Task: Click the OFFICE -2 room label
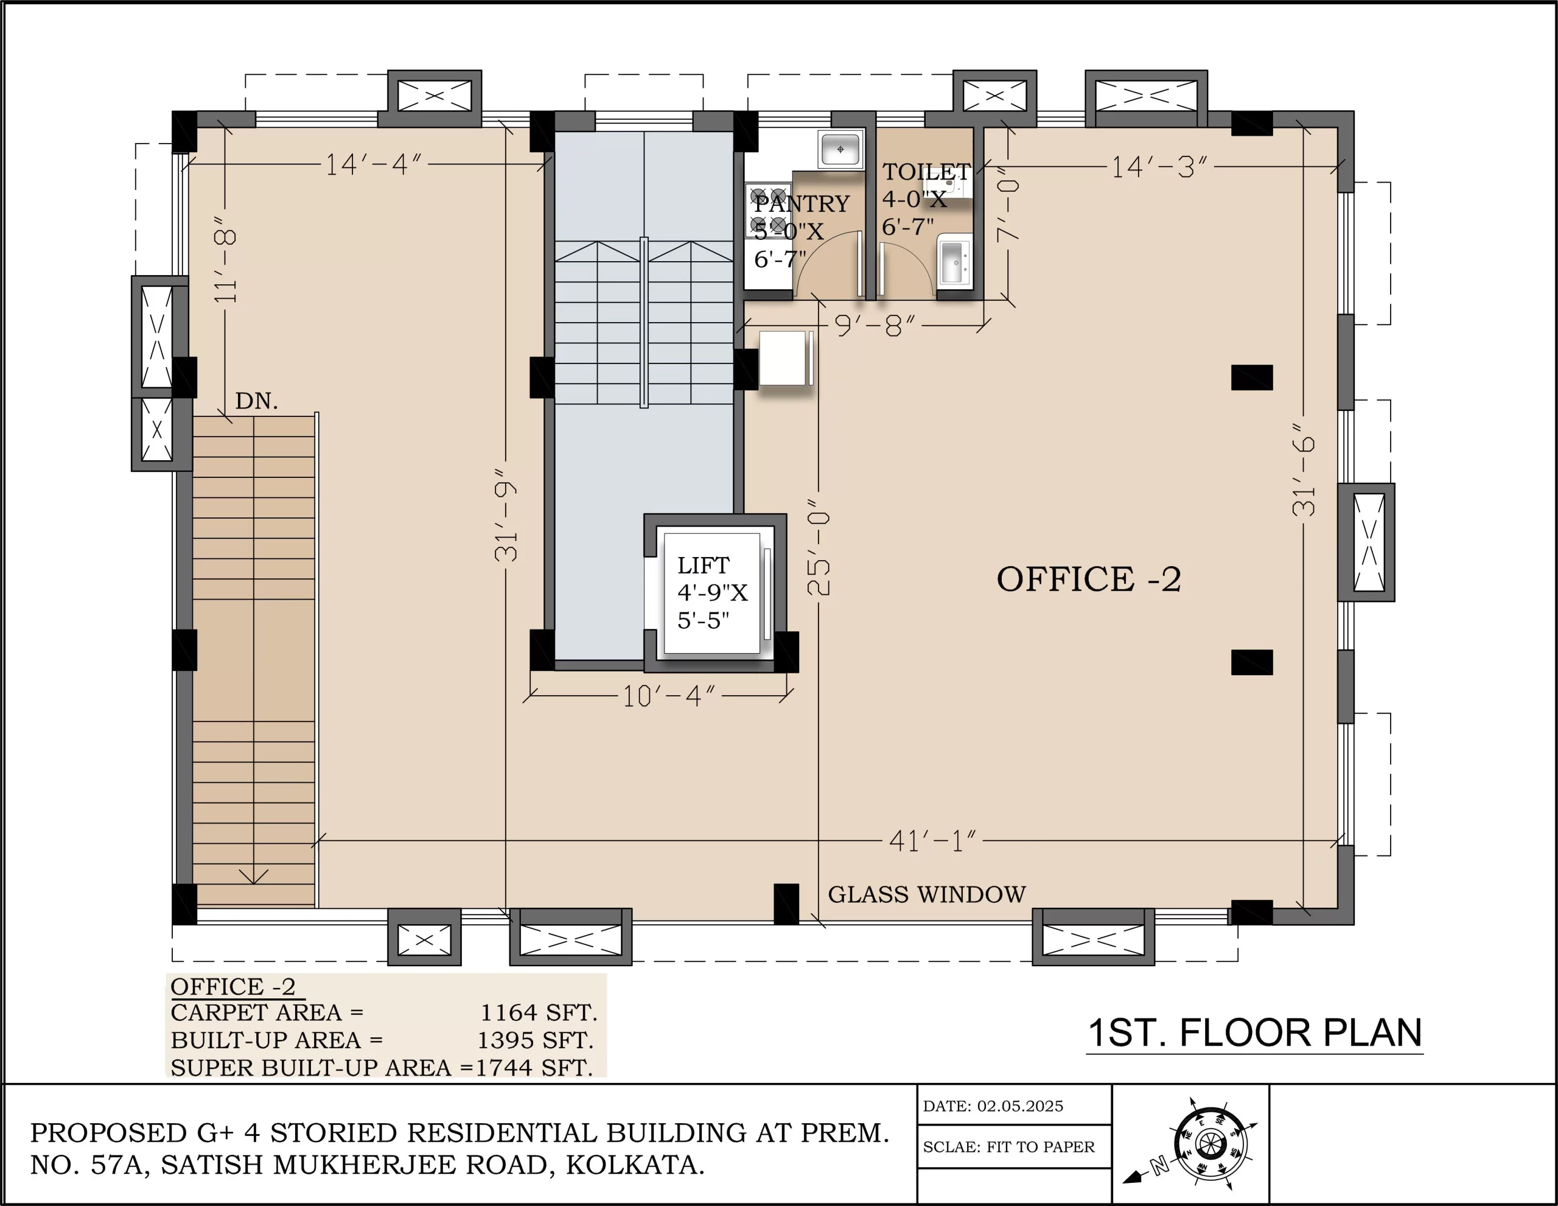(x=1089, y=579)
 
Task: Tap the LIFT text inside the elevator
(x=703, y=565)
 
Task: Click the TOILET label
(x=926, y=171)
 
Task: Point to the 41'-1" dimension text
(x=932, y=841)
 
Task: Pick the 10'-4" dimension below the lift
(x=668, y=696)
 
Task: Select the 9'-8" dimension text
(x=875, y=326)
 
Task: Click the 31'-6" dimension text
(x=1304, y=469)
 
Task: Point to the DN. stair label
(x=256, y=401)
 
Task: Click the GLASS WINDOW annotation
(x=926, y=894)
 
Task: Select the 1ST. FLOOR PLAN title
(x=1254, y=1032)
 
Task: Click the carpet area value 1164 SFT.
(x=538, y=1012)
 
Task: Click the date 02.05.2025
(x=1019, y=1106)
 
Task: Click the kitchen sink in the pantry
(x=840, y=150)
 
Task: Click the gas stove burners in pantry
(x=768, y=211)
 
